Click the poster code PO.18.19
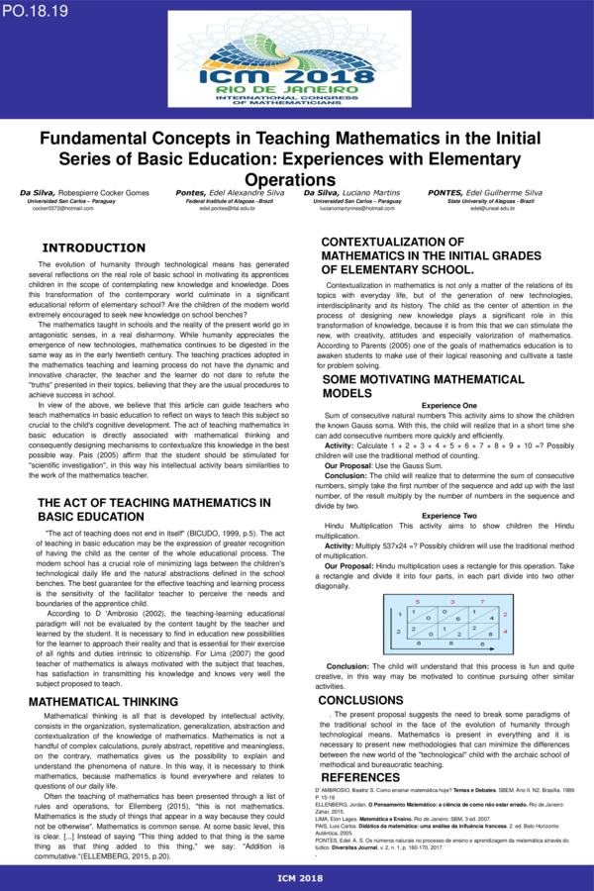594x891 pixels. coord(35,11)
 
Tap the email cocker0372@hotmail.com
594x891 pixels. coord(62,209)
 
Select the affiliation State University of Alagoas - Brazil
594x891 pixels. coord(490,201)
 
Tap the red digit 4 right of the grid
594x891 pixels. coord(505,630)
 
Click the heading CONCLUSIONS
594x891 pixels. coord(360,700)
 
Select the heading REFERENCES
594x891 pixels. coord(360,777)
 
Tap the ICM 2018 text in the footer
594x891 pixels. coord(296,878)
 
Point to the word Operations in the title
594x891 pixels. coord(296,178)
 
